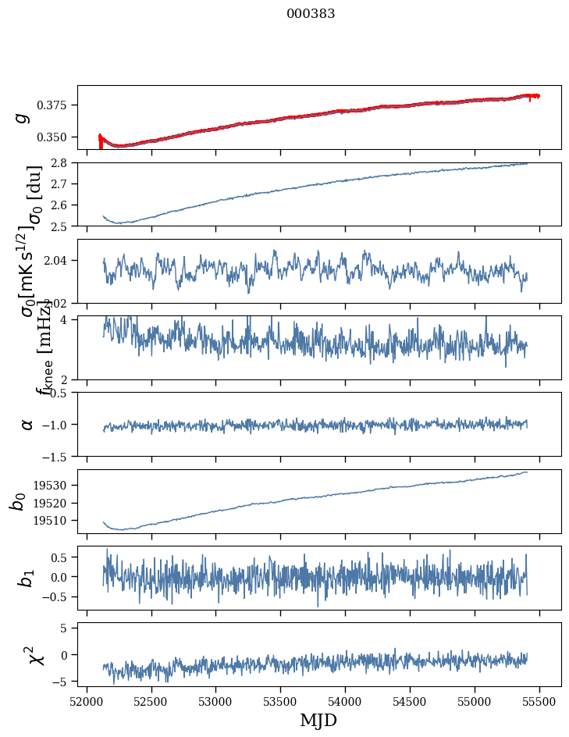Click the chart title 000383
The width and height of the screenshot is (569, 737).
pos(311,14)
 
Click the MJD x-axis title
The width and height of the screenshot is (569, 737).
pos(319,721)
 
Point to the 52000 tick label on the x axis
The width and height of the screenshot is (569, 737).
pos(87,701)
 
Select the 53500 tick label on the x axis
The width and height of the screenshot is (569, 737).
pos(281,701)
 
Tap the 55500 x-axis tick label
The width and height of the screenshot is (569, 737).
pos(540,701)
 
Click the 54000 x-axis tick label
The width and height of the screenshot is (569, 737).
pos(346,701)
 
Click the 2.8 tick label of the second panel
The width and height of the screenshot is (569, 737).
pos(63,163)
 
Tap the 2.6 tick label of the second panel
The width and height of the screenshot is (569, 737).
pos(63,205)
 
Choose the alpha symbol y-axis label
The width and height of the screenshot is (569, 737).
pos(27,424)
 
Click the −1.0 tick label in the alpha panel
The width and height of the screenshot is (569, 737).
pos(57,425)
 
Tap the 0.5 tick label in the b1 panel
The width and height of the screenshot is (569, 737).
pos(63,557)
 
